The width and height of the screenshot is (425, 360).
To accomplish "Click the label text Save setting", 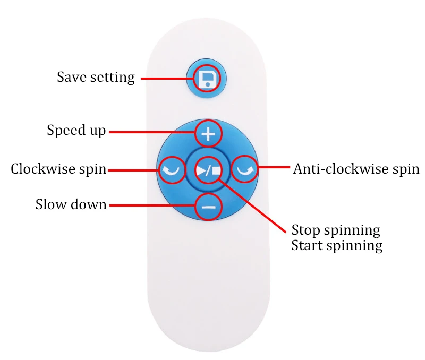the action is coord(96,78).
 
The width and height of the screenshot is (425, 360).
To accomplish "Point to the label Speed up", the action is coord(76,131).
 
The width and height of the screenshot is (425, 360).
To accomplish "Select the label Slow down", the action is coord(71,204).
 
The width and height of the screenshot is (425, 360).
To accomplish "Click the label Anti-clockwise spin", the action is coord(356,169).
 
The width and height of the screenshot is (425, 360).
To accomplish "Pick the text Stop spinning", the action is coord(336,230).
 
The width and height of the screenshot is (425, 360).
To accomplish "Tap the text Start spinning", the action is coord(337,246).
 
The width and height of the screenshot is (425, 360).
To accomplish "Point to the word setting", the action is coord(112,78).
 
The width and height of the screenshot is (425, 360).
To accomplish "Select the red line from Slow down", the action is coord(151,205).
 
